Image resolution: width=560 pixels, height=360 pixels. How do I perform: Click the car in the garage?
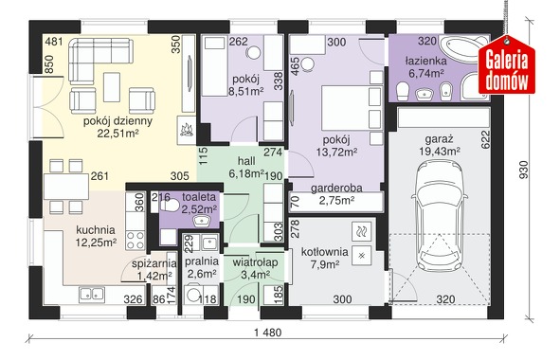pyautogui.click(x=440, y=216)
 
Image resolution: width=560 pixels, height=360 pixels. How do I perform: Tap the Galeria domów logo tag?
pyautogui.click(x=507, y=66)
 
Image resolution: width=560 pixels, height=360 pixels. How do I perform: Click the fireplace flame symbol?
pyautogui.click(x=186, y=130)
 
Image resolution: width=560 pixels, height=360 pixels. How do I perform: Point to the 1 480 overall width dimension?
pyautogui.click(x=268, y=333)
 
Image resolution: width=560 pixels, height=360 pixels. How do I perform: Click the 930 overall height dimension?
pyautogui.click(x=523, y=171)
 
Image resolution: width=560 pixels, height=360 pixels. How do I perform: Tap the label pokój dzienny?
pyautogui.click(x=117, y=121)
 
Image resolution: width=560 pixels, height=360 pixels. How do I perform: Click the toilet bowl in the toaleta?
pyautogui.click(x=169, y=205)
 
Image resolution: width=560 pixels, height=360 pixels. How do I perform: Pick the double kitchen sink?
pyautogui.click(x=92, y=294)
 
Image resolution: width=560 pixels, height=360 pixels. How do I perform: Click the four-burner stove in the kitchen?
pyautogui.click(x=135, y=241)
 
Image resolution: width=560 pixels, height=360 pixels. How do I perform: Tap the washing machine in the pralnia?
pyautogui.click(x=193, y=295)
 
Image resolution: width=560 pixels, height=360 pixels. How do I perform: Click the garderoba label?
pyautogui.click(x=336, y=189)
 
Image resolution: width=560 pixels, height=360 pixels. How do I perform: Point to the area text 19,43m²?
pyautogui.click(x=440, y=151)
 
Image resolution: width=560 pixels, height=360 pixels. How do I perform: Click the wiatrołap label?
pyautogui.click(x=255, y=262)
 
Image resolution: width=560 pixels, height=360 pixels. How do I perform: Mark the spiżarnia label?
pyautogui.click(x=154, y=264)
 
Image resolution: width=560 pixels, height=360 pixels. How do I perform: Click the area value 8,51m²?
pyautogui.click(x=245, y=91)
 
